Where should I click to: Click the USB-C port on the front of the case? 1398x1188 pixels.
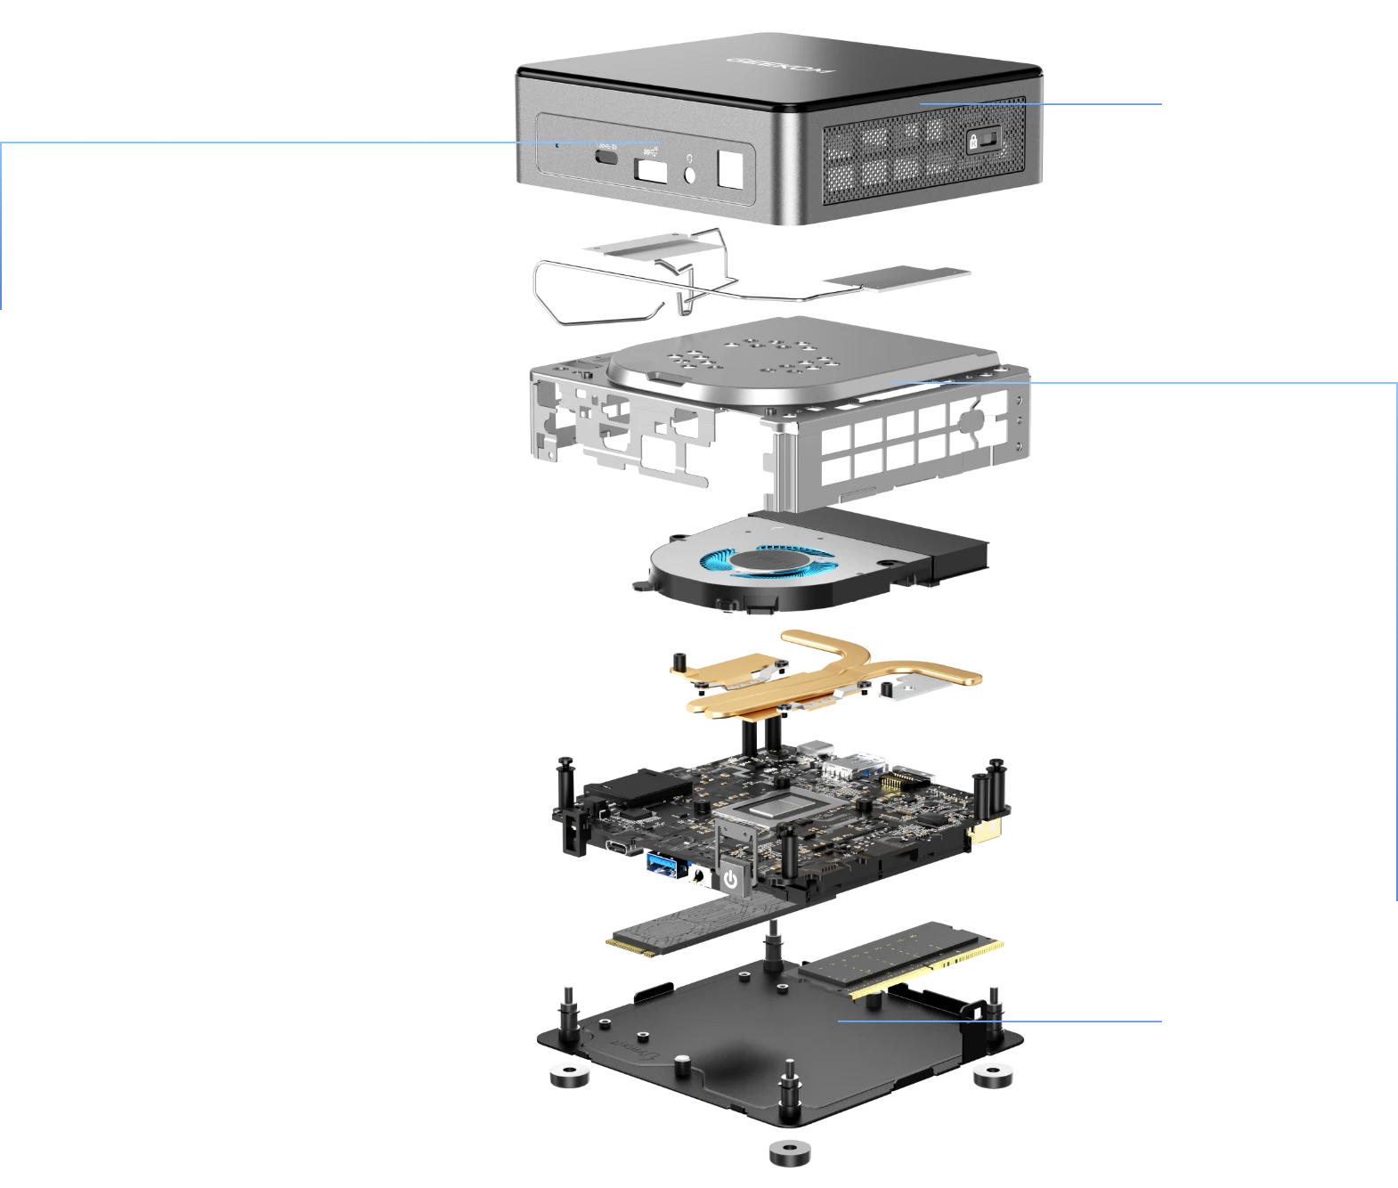[x=606, y=157]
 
